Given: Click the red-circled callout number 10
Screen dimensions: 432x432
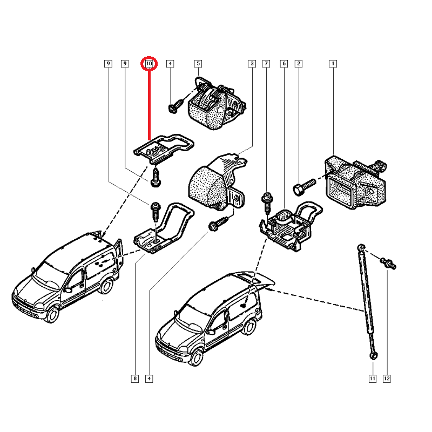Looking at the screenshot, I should pyautogui.click(x=149, y=64).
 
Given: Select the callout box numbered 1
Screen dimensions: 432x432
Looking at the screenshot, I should pyautogui.click(x=333, y=64).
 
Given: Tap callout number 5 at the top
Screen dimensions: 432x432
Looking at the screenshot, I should pyautogui.click(x=198, y=64).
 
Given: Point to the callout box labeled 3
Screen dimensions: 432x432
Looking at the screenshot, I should pyautogui.click(x=252, y=64).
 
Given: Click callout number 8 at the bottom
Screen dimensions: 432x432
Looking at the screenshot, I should pyautogui.click(x=134, y=379).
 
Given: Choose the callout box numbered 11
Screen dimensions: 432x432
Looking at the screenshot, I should pyautogui.click(x=372, y=379).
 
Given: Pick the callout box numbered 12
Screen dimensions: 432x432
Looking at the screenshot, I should pyautogui.click(x=387, y=379).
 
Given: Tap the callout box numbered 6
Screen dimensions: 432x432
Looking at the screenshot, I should pyautogui.click(x=284, y=64).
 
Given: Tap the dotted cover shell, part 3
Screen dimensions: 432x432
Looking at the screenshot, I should pyautogui.click(x=213, y=181).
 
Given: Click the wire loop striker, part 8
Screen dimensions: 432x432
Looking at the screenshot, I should pyautogui.click(x=162, y=230).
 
